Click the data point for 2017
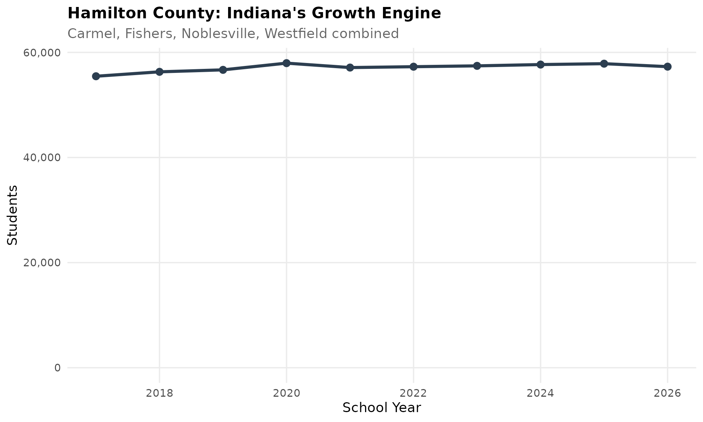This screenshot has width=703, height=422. click(x=96, y=76)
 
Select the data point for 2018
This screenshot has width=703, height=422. click(x=159, y=72)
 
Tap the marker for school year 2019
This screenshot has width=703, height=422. click(x=223, y=70)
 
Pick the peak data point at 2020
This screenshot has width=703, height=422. click(x=286, y=63)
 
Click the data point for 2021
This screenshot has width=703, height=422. click(x=350, y=67)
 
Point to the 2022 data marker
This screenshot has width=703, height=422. click(x=413, y=67)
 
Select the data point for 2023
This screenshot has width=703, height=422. click(x=477, y=66)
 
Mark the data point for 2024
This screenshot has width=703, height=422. click(x=540, y=64)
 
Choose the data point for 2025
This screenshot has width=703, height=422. click(x=604, y=64)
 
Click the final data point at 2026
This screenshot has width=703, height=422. click(x=667, y=67)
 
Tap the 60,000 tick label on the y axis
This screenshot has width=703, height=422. click(x=41, y=53)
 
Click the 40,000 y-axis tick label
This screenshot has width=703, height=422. click(x=41, y=158)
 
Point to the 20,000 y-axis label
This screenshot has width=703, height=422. click(x=41, y=263)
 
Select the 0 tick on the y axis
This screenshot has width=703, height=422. click(x=57, y=368)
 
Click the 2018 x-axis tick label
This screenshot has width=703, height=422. click(x=159, y=393)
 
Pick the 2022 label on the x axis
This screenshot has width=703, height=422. click(x=413, y=393)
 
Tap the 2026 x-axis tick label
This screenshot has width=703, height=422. click(x=667, y=393)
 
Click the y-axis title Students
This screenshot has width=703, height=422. click(x=13, y=215)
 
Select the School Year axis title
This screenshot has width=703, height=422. click(x=382, y=408)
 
